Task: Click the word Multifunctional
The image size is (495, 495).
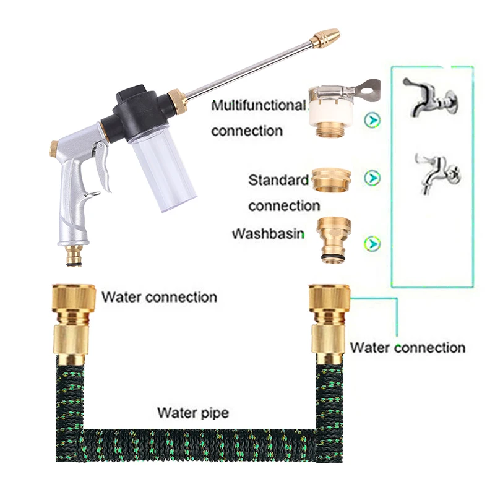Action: click(x=259, y=105)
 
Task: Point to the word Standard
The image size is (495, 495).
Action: click(x=278, y=181)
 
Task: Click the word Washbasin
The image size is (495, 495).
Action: click(x=267, y=235)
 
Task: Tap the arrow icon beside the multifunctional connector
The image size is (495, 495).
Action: click(x=372, y=119)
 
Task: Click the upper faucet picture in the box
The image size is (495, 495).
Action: click(x=431, y=95)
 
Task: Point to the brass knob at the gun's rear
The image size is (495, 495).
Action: click(x=54, y=148)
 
